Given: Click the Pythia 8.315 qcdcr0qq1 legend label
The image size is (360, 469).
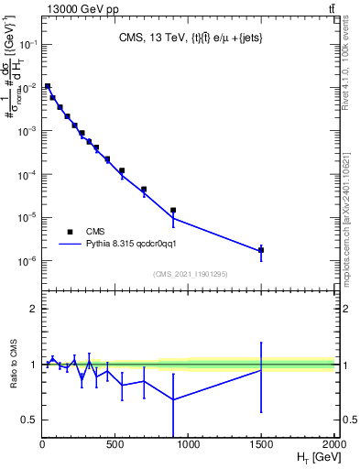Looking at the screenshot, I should click(138, 245).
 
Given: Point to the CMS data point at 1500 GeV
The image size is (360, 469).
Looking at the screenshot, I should click(261, 249).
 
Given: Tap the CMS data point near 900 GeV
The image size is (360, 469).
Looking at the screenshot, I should click(173, 210).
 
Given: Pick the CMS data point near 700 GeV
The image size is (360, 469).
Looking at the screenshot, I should click(144, 190).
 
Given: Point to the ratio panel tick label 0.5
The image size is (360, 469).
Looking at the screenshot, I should click(27, 420).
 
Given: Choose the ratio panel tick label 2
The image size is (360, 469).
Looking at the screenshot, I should click(32, 309).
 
